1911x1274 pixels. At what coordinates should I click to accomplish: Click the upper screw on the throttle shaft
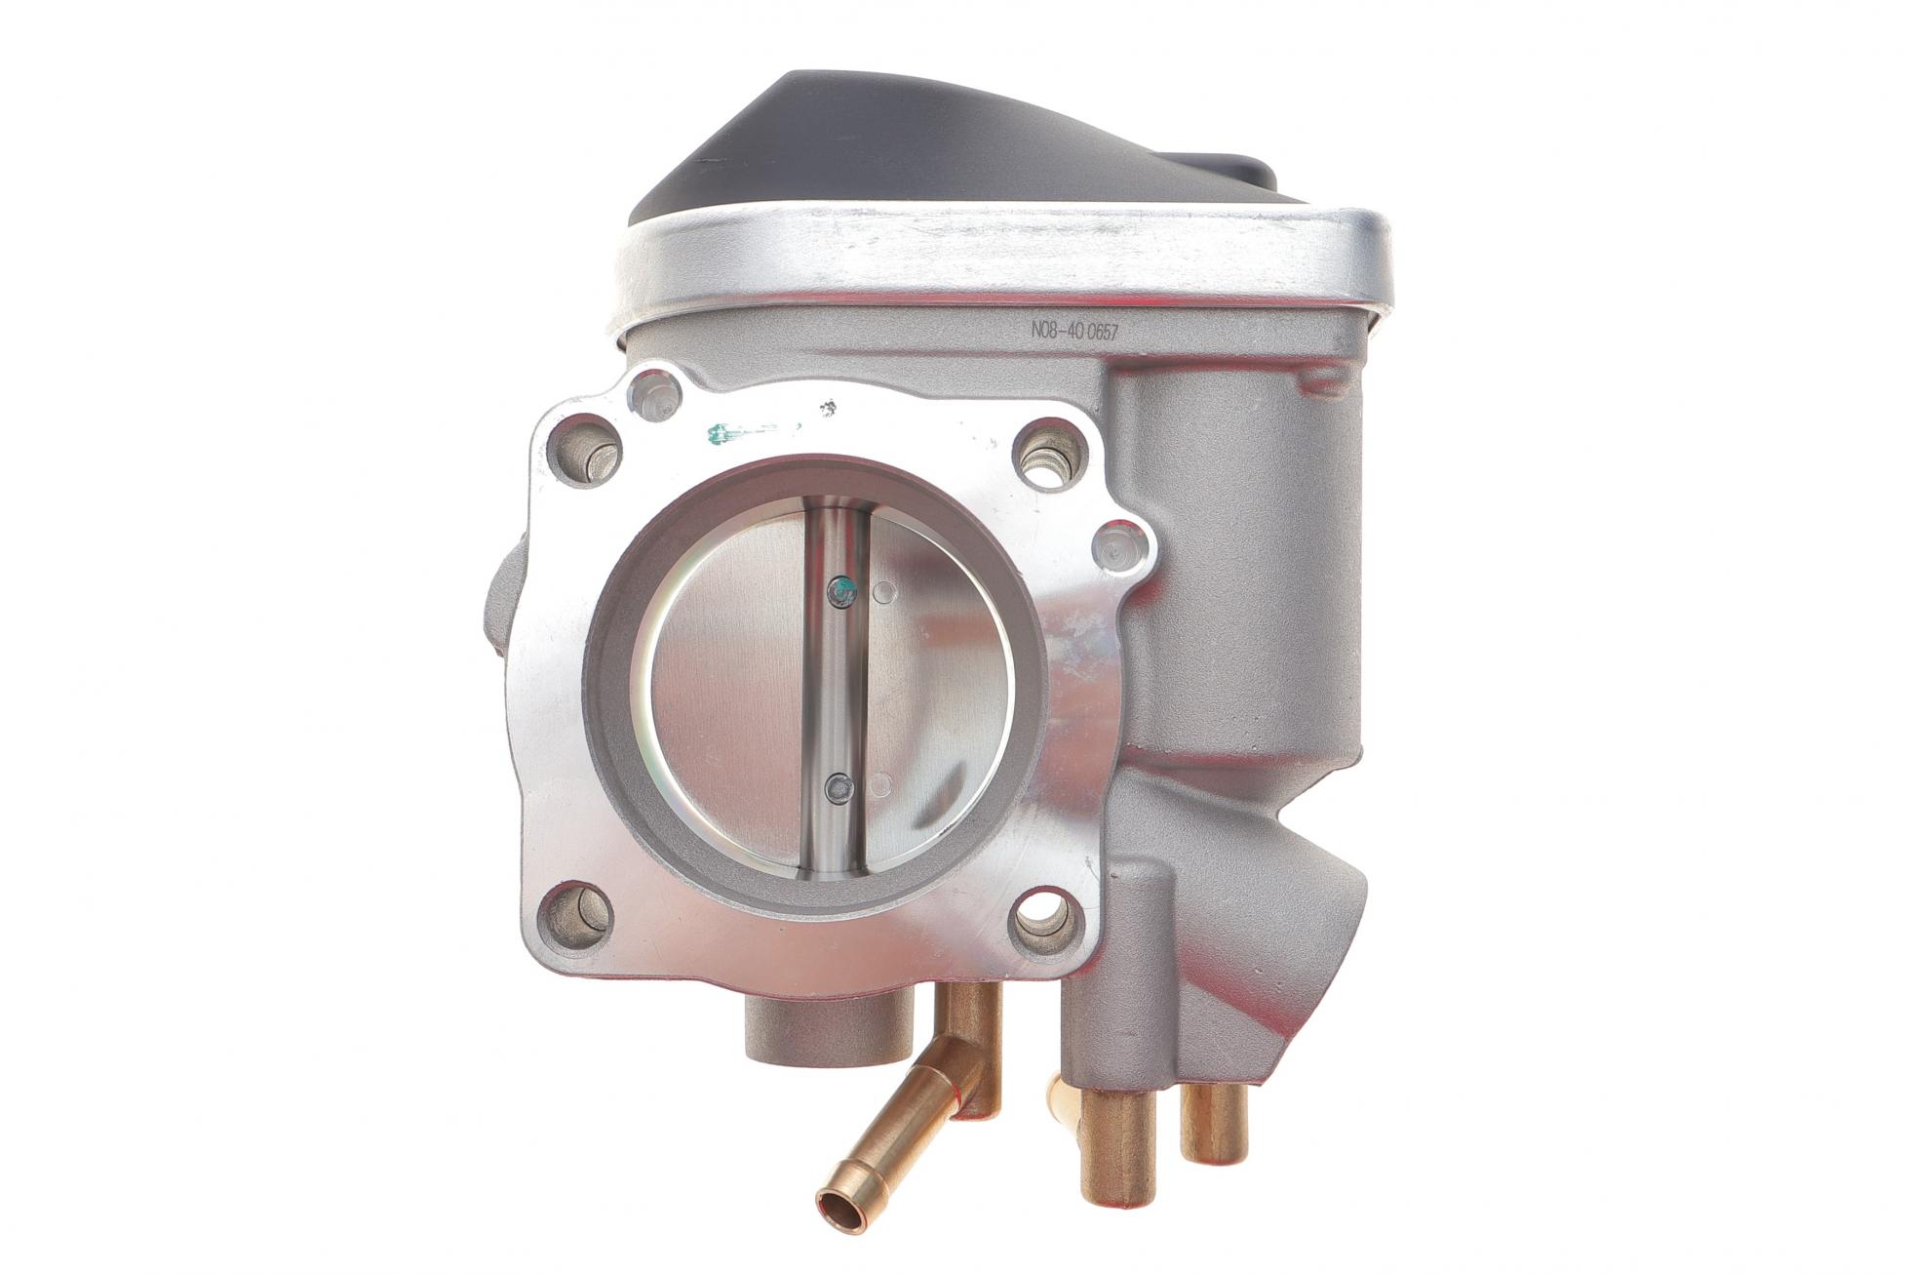click(840, 589)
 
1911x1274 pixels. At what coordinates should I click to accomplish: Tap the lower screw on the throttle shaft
click(838, 786)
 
